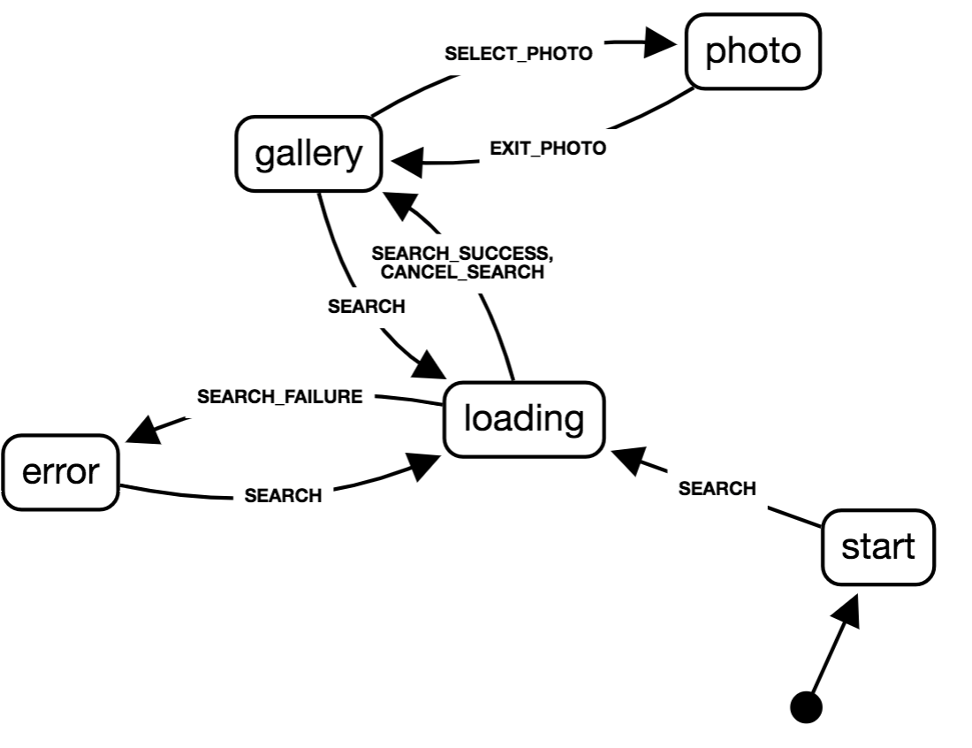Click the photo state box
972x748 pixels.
pyautogui.click(x=753, y=51)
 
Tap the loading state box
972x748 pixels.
pyautogui.click(x=524, y=419)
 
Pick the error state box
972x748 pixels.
pyautogui.click(x=59, y=472)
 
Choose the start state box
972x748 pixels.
pyautogui.click(x=877, y=547)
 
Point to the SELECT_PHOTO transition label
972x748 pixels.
pyautogui.click(x=518, y=53)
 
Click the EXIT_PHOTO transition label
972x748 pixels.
pyautogui.click(x=548, y=148)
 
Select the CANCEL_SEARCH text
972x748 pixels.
pyautogui.click(x=462, y=272)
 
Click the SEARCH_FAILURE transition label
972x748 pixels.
pyautogui.click(x=279, y=397)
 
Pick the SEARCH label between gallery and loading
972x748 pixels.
pyautogui.click(x=366, y=307)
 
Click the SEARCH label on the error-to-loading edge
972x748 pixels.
pyautogui.click(x=283, y=496)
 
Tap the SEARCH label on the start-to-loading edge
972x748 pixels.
pyautogui.click(x=718, y=488)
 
